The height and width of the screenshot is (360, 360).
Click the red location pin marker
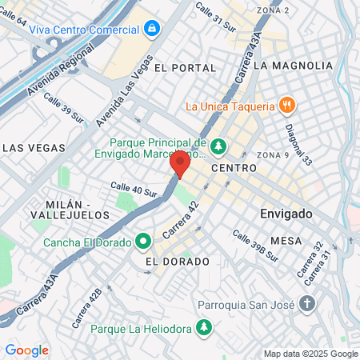pyautogui.click(x=180, y=163)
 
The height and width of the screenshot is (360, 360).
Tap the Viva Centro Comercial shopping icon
pyautogui.click(x=151, y=29)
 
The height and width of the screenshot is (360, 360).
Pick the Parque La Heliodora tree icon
pyautogui.click(x=206, y=328)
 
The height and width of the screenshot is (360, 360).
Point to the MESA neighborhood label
pyautogui.click(x=286, y=240)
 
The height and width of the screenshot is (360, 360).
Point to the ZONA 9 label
pyautogui.click(x=274, y=154)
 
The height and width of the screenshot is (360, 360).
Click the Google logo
pyautogui.click(x=27, y=350)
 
